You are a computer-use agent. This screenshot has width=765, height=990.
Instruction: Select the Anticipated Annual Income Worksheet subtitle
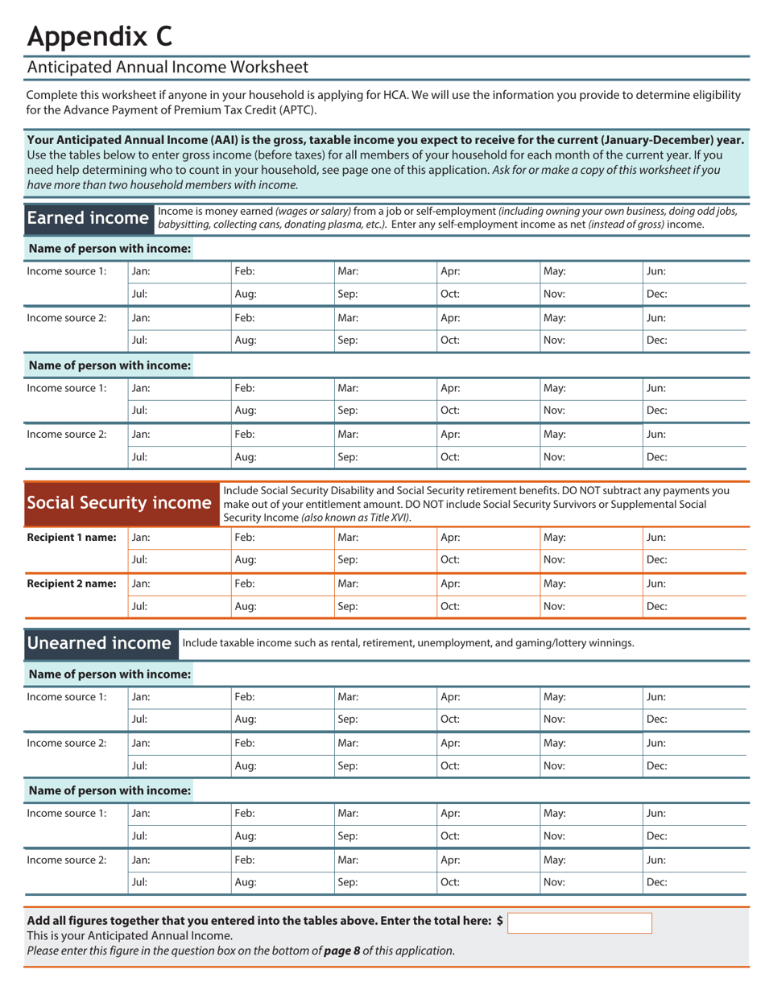tap(167, 68)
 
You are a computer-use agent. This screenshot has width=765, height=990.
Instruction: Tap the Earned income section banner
tap(88, 218)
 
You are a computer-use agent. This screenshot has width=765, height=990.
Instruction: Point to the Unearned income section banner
tap(99, 642)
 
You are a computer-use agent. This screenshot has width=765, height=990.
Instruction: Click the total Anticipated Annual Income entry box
tap(580, 922)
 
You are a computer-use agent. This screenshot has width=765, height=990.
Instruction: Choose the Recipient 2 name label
tap(72, 583)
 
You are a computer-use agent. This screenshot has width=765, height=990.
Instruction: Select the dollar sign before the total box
tap(500, 921)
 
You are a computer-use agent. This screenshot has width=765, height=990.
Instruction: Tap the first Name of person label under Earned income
tap(110, 248)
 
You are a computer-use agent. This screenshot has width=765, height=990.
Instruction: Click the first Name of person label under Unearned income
tap(110, 674)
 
